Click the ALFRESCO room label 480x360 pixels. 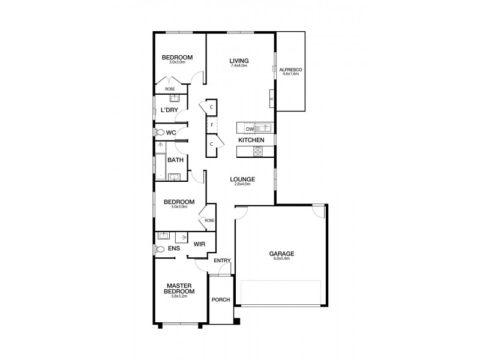(x=290, y=70)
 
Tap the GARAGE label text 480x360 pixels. (x=281, y=253)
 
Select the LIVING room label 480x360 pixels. (x=239, y=61)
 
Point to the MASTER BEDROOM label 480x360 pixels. (x=180, y=289)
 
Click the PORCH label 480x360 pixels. (x=220, y=300)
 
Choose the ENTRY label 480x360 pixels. (x=221, y=260)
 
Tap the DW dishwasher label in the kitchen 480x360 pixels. (x=247, y=128)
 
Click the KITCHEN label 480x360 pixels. (x=251, y=140)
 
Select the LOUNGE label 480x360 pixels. (x=242, y=179)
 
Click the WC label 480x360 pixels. (x=170, y=132)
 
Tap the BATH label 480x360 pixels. (x=175, y=160)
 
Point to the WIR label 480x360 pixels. (x=200, y=244)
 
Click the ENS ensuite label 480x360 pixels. (x=175, y=248)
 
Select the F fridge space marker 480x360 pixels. (x=212, y=125)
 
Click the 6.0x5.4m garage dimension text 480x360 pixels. (x=281, y=259)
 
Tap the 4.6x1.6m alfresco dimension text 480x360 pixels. (x=290, y=75)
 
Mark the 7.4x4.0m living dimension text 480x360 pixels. (x=239, y=65)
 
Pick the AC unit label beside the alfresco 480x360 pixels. (x=272, y=99)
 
